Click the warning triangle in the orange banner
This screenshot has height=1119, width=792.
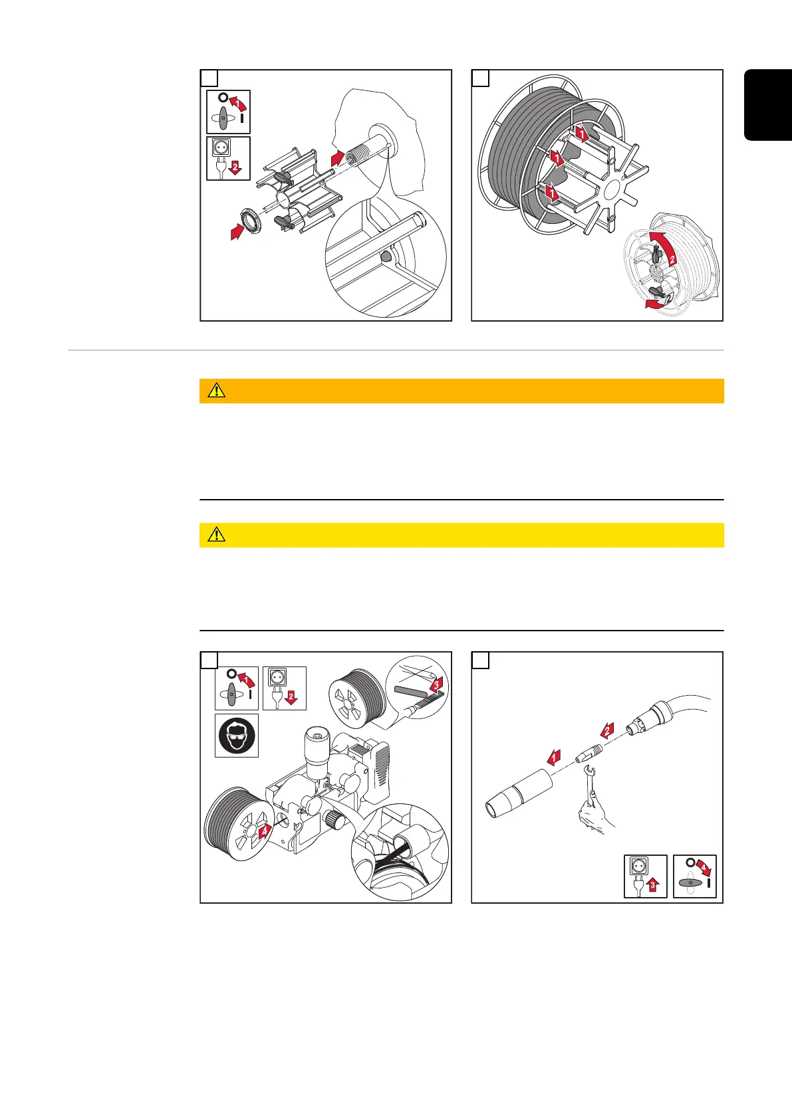pyautogui.click(x=217, y=390)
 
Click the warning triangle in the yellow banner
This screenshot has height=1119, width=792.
pyautogui.click(x=217, y=534)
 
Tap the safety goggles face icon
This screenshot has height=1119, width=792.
pyautogui.click(x=237, y=735)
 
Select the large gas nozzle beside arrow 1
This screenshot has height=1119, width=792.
pyautogui.click(x=519, y=793)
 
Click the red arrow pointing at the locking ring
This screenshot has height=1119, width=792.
pyautogui.click(x=237, y=232)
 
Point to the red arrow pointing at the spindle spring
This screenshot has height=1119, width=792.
pyautogui.click(x=338, y=158)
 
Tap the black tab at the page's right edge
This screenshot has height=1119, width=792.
pyautogui.click(x=768, y=105)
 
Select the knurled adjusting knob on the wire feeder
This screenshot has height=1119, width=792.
pyautogui.click(x=332, y=819)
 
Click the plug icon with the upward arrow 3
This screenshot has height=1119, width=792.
pyautogui.click(x=646, y=876)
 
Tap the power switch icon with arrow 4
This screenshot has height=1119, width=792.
pyautogui.click(x=694, y=876)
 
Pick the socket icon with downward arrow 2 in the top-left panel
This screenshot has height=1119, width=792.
pyautogui.click(x=229, y=158)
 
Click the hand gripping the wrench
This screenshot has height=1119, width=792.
pyautogui.click(x=595, y=816)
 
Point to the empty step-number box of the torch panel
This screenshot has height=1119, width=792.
pyautogui.click(x=481, y=661)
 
